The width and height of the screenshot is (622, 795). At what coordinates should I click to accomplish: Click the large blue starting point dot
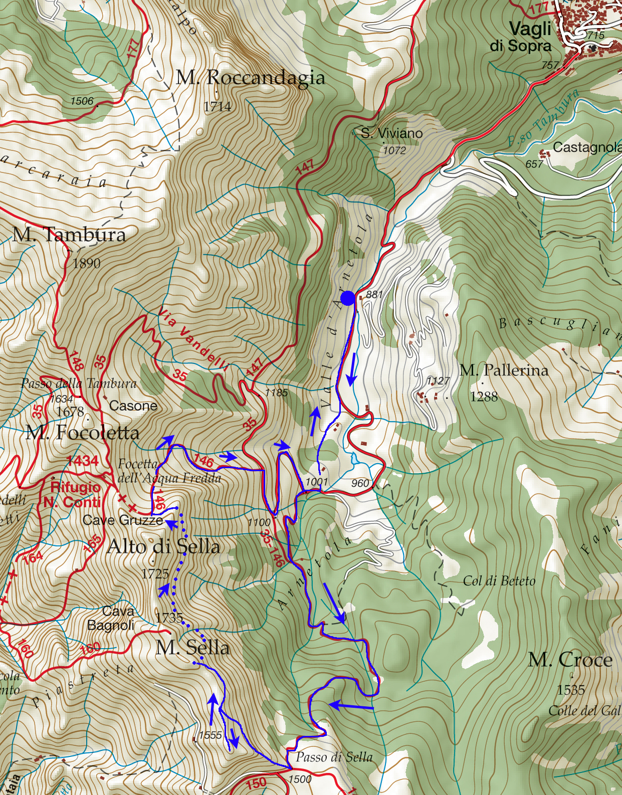(x=348, y=299)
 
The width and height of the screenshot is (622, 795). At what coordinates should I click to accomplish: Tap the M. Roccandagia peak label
(x=251, y=78)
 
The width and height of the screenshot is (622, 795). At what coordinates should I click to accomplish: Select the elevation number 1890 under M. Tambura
(x=86, y=263)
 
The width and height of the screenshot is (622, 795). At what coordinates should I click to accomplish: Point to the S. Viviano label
(x=392, y=133)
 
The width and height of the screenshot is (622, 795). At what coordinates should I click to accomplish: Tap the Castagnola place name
(x=586, y=147)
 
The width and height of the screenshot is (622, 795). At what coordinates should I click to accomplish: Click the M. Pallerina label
(x=504, y=370)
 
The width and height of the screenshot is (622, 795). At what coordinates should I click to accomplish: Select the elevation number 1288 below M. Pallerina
(x=484, y=396)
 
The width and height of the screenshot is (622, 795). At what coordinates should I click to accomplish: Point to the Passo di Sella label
(x=334, y=757)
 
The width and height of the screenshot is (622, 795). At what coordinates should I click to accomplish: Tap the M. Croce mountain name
(x=570, y=660)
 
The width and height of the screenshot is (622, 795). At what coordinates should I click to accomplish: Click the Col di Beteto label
(x=499, y=581)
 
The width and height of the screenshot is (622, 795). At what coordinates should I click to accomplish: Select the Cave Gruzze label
(x=122, y=520)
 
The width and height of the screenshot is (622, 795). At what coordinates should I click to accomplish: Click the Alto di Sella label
(x=163, y=546)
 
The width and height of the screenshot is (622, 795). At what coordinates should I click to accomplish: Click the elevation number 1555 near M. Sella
(x=210, y=735)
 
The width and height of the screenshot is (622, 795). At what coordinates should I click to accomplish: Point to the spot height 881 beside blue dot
(x=374, y=294)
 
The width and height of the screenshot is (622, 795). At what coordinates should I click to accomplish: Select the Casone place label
(x=133, y=406)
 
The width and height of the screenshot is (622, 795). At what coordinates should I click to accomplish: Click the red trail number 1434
(x=83, y=460)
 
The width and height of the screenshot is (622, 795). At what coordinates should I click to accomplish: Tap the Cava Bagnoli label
(x=111, y=618)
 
